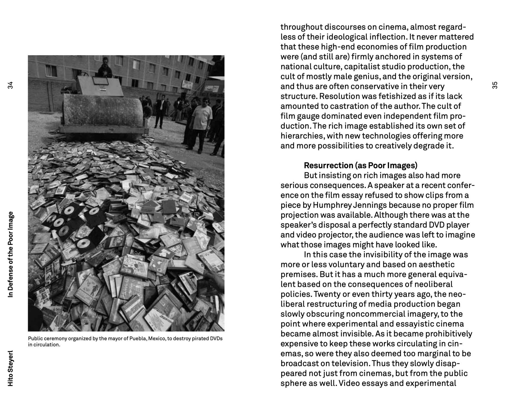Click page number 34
[11, 85]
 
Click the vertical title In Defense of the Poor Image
[11, 254]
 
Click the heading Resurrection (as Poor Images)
[360, 166]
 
